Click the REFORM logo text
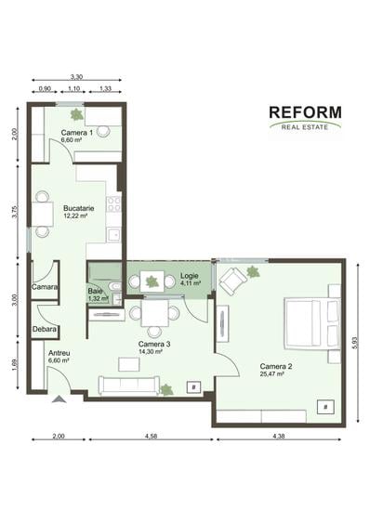[305, 113]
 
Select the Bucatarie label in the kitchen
[78, 211]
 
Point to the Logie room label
[190, 276]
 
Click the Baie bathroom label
[97, 292]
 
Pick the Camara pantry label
[44, 287]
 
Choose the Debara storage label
[44, 329]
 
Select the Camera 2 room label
[276, 368]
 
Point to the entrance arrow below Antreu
[59, 400]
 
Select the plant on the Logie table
[152, 281]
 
